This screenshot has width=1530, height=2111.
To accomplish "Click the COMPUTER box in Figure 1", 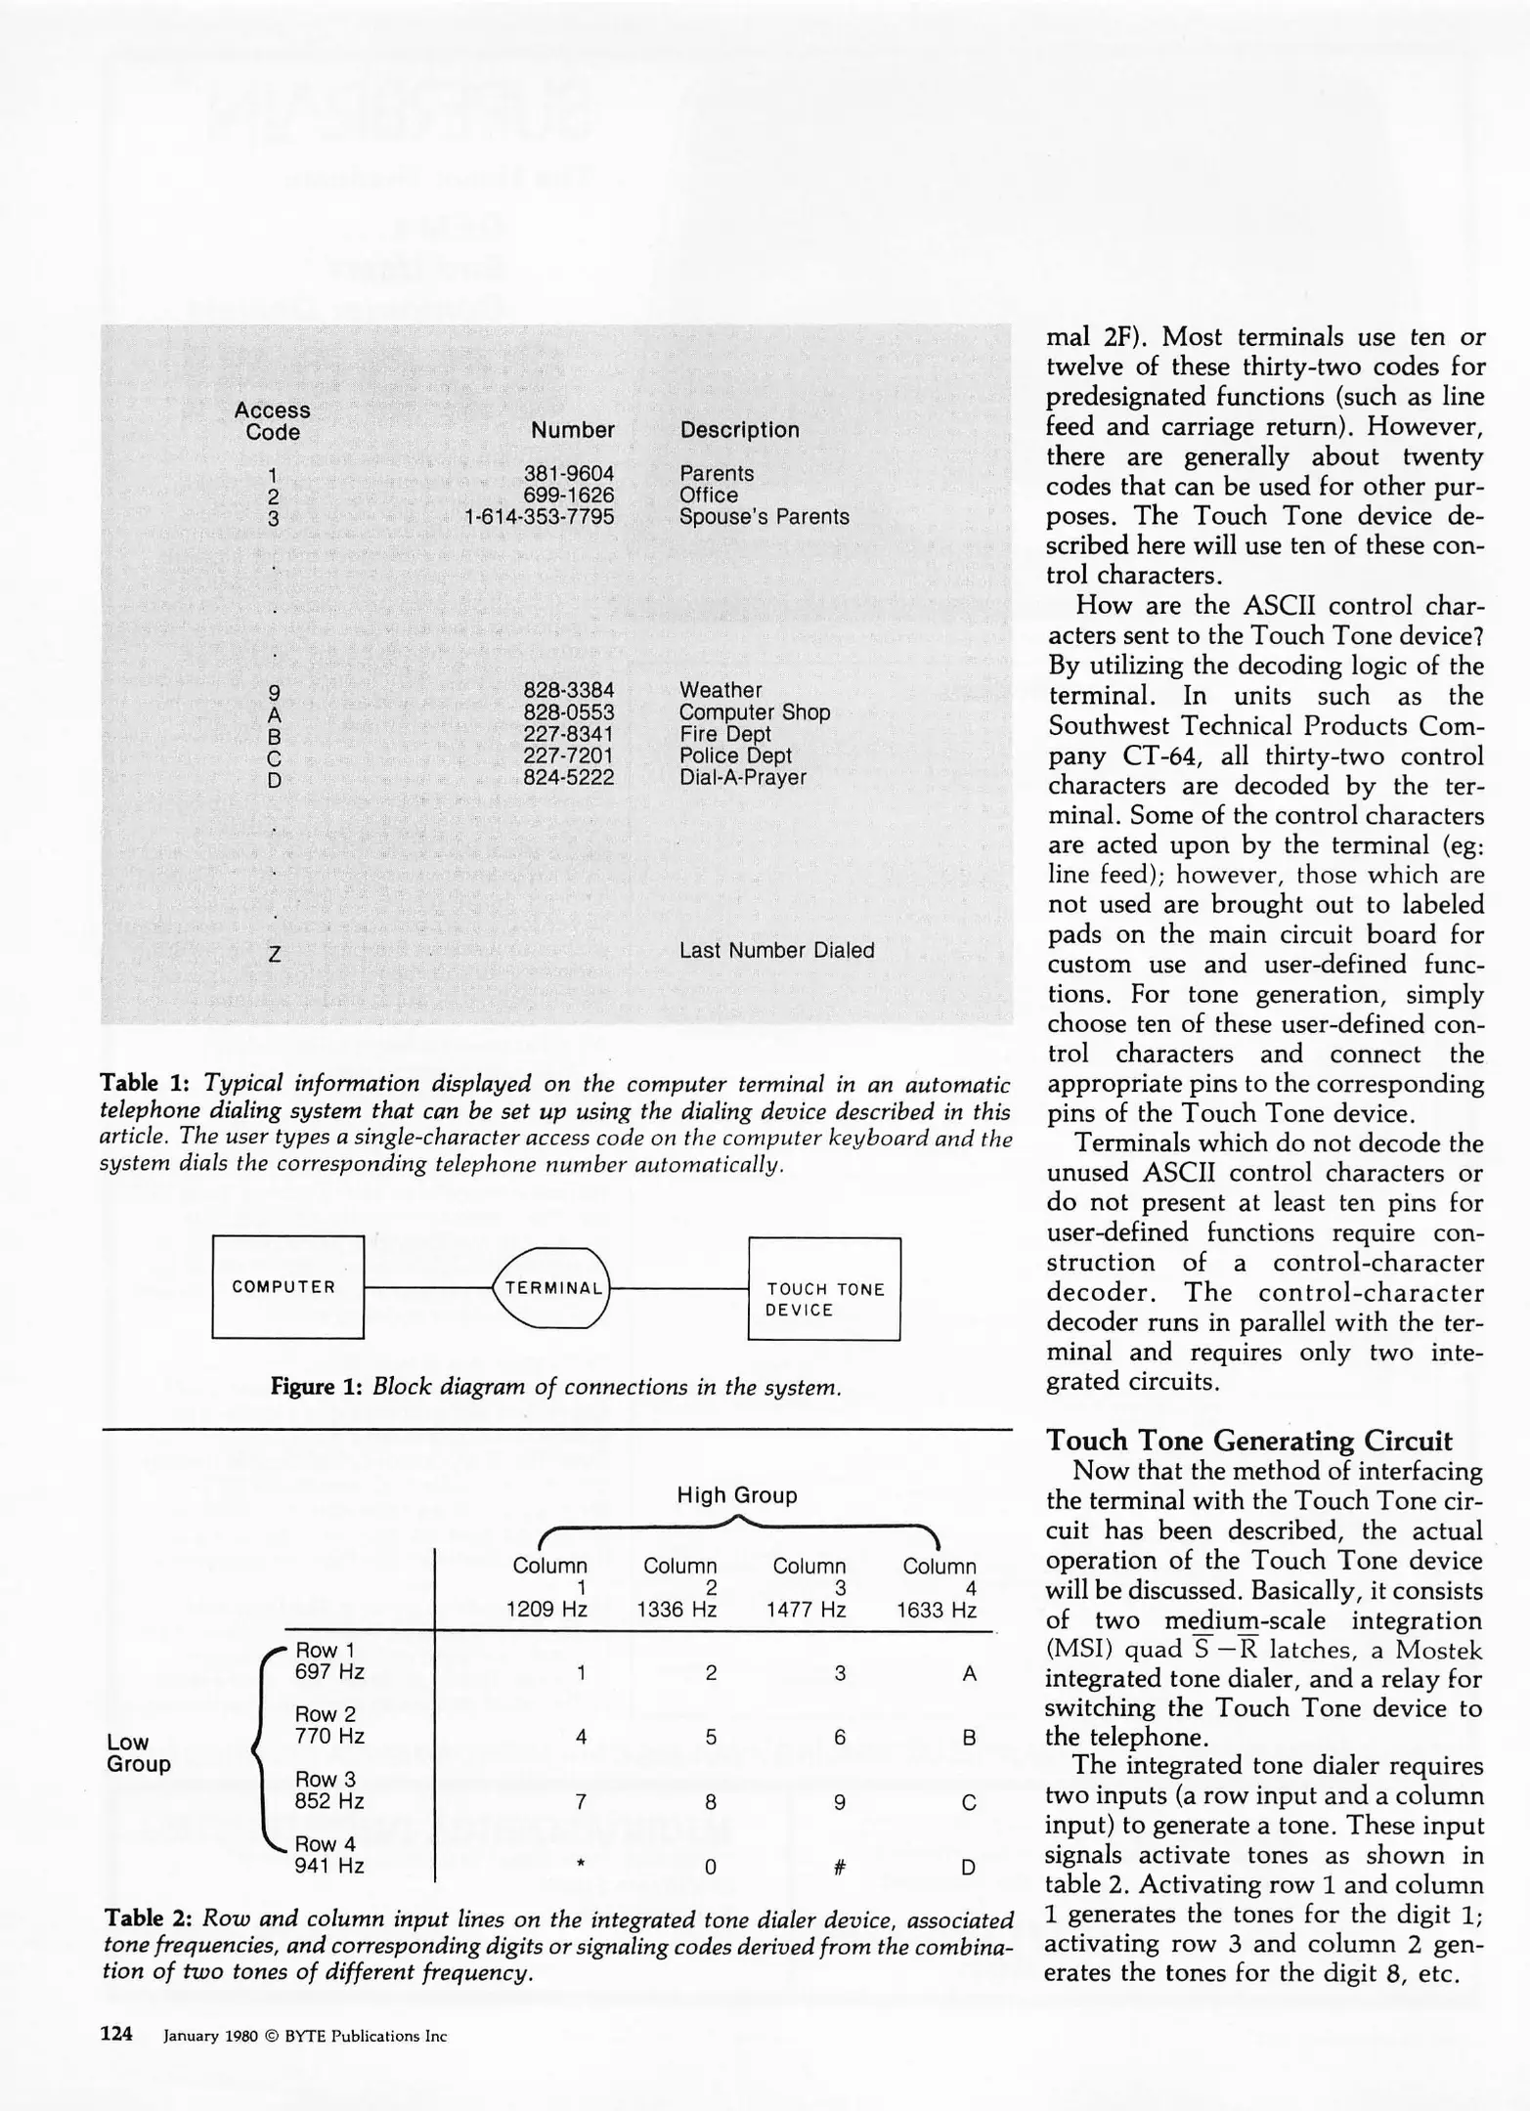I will [x=287, y=1287].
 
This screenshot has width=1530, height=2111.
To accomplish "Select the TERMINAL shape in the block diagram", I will [x=553, y=1288].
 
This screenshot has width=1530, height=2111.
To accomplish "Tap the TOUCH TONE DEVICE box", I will [x=824, y=1289].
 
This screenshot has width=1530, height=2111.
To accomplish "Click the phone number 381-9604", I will [x=569, y=473].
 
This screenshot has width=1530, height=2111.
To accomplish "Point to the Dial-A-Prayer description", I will [x=742, y=777].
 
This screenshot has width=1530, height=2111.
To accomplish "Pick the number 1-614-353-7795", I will [x=539, y=516].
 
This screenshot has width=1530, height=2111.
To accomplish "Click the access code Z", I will [x=275, y=954].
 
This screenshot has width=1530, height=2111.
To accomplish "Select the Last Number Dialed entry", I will [x=776, y=950].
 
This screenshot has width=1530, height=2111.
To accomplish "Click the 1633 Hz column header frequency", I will [x=937, y=1610].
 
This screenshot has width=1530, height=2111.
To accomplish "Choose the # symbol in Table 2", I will [x=839, y=1868].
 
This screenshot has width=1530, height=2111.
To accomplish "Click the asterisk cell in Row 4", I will [x=581, y=1865].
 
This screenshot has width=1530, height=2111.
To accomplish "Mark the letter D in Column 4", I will [x=968, y=1868].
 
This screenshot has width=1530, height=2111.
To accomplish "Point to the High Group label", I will [x=737, y=1495].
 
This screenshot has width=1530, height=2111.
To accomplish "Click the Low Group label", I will [x=138, y=1752].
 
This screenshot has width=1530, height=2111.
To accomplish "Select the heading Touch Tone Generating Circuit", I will [x=1248, y=1441].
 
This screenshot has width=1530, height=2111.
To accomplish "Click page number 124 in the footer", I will [x=116, y=2035].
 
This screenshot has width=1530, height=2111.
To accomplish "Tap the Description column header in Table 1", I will [x=739, y=430].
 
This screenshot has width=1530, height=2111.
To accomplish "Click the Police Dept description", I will [x=735, y=755].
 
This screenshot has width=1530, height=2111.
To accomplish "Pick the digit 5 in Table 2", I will [x=711, y=1737].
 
